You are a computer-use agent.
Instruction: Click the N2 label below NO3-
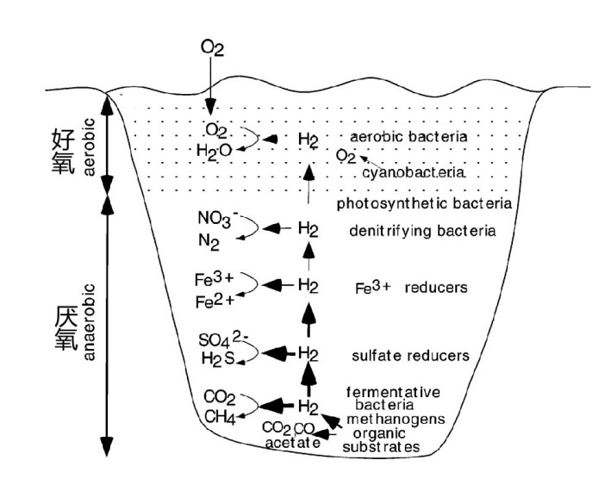coord(209,243)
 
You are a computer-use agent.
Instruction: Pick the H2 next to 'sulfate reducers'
coord(309,352)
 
